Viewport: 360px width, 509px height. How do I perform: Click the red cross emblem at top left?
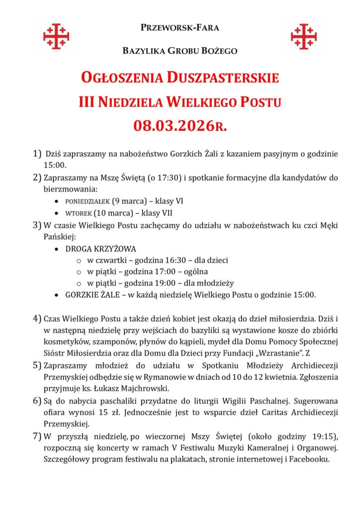point(56,36)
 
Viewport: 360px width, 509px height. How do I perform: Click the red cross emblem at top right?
point(304,36)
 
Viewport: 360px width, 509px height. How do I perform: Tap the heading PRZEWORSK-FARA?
point(180,28)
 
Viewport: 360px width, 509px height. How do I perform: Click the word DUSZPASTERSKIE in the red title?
point(223,78)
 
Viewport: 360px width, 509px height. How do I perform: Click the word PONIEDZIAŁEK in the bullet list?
point(88,202)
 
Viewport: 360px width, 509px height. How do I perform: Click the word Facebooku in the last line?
point(312,460)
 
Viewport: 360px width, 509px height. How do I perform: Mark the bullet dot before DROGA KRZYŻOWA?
point(59,248)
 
